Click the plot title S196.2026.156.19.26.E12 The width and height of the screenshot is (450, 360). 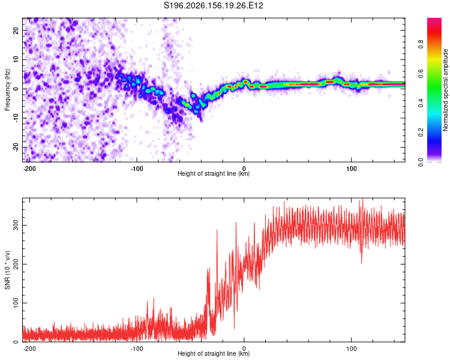[213, 5]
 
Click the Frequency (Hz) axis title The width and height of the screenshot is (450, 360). [7, 90]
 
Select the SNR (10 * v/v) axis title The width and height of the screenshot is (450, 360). [7, 270]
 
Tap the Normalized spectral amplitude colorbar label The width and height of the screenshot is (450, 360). [445, 90]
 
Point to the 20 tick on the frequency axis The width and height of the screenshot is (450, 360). [16, 31]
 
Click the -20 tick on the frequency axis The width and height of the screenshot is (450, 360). [16, 147]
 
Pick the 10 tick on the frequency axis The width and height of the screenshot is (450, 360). [16, 59]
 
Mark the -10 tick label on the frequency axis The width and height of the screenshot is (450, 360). [16, 118]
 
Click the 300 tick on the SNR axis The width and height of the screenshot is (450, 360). [16, 226]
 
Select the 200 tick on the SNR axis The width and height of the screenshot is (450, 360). [16, 264]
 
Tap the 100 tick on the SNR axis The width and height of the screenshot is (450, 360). [16, 303]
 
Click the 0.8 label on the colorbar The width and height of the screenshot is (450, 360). [421, 44]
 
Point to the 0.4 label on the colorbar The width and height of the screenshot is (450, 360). [421, 103]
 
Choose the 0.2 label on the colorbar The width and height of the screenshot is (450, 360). [421, 133]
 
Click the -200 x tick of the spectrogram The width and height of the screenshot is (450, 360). [29, 169]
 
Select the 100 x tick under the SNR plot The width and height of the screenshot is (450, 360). [351, 349]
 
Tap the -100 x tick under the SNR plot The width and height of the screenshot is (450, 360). [137, 349]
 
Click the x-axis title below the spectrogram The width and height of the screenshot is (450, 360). [214, 173]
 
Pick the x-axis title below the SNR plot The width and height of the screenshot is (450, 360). [214, 353]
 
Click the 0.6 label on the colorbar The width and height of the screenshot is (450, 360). [421, 73]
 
